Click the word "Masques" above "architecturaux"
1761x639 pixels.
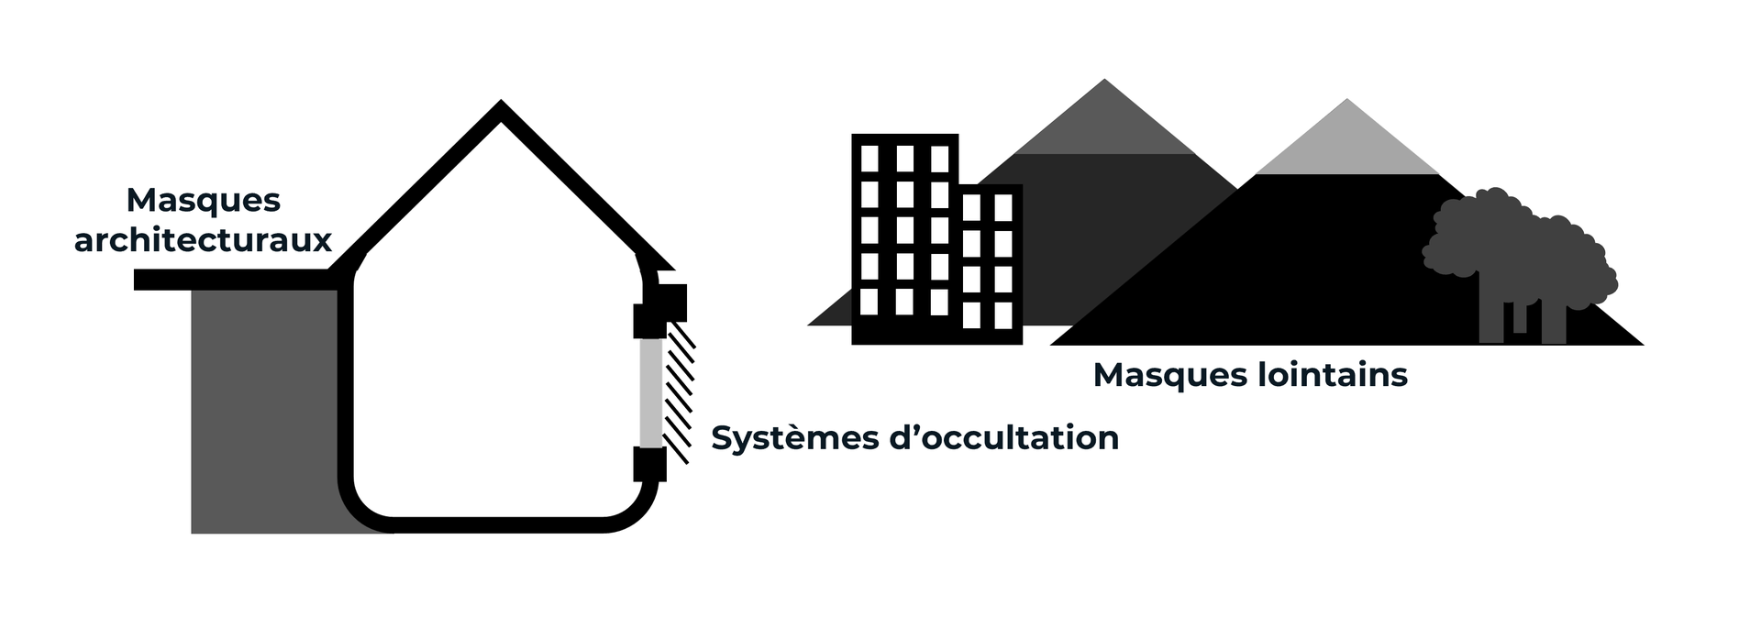(203, 200)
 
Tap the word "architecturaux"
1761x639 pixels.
(203, 240)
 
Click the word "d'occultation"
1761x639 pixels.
(1003, 437)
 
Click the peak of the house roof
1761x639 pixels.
(500, 107)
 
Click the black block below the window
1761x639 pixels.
(649, 464)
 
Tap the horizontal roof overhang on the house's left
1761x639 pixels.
(234, 280)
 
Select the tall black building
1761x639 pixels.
(904, 238)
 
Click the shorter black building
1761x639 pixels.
(991, 265)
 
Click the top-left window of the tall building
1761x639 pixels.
(869, 159)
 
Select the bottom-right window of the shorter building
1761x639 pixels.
(1003, 315)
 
